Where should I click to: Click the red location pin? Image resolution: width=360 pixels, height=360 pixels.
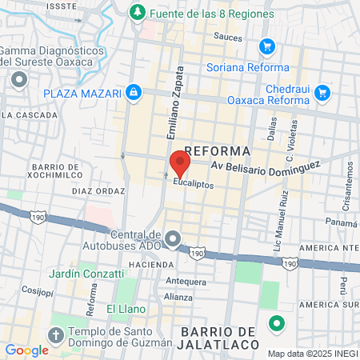(x=180, y=163)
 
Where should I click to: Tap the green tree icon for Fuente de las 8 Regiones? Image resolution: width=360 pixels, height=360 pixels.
(x=138, y=13)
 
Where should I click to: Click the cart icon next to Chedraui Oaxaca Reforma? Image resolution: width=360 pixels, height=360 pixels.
(x=322, y=93)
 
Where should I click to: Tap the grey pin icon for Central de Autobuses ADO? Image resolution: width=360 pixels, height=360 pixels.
(x=174, y=239)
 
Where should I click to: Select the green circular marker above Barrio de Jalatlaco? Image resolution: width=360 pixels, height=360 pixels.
(x=277, y=325)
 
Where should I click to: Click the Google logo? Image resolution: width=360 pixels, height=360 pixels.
(x=26, y=350)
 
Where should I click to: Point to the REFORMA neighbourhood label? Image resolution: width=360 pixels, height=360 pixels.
(x=217, y=151)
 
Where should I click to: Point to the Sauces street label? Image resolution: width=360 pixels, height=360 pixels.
(x=228, y=36)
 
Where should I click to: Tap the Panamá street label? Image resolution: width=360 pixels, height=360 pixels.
(x=341, y=223)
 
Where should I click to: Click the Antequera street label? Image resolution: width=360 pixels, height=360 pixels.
(x=185, y=282)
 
